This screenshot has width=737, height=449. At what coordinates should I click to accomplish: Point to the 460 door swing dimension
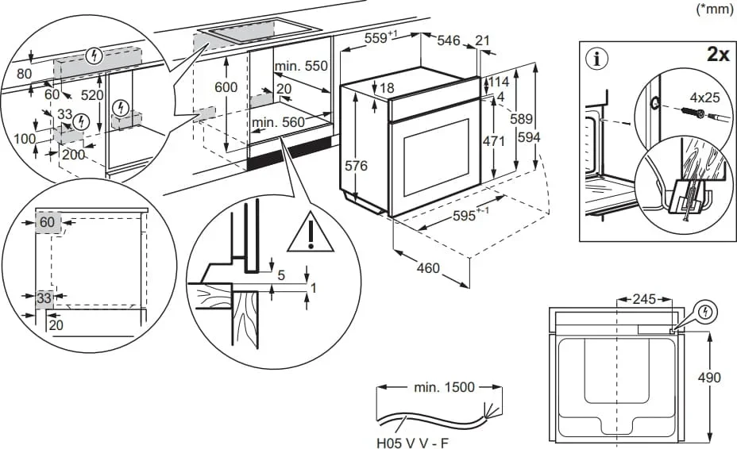428,268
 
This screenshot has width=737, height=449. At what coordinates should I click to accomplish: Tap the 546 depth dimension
449,41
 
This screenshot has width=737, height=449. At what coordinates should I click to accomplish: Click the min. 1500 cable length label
444,387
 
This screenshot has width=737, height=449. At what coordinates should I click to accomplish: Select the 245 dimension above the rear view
644,299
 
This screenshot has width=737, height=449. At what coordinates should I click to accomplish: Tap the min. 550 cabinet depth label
301,67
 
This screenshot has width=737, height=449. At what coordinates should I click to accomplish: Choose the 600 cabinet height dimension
227,86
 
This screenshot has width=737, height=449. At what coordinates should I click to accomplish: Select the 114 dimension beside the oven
498,83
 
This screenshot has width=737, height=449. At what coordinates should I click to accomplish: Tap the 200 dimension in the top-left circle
73,155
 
